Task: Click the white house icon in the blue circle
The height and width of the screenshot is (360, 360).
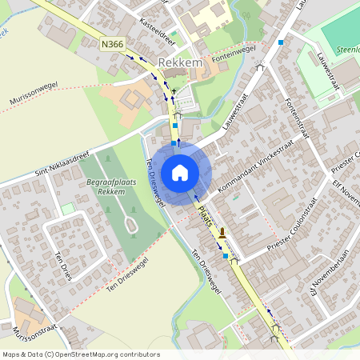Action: click(180, 172)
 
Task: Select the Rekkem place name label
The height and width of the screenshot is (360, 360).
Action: click(177, 63)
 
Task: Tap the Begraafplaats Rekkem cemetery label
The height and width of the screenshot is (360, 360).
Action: click(106, 186)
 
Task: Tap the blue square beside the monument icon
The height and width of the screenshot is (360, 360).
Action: click(226, 256)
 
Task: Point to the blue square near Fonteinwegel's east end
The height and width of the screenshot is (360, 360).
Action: click(281, 42)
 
